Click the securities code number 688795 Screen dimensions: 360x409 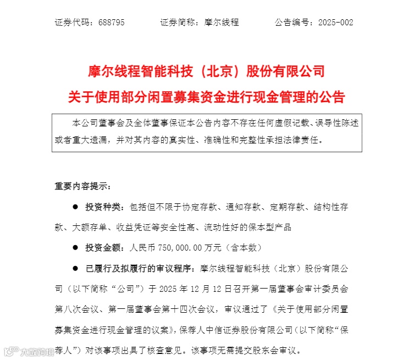pyautogui.click(x=112, y=23)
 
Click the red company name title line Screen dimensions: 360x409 pyautogui.click(x=207, y=71)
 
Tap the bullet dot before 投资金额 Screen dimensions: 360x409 pyautogui.click(x=75, y=248)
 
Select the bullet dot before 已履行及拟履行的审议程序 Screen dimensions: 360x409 pyautogui.click(x=75, y=268)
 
